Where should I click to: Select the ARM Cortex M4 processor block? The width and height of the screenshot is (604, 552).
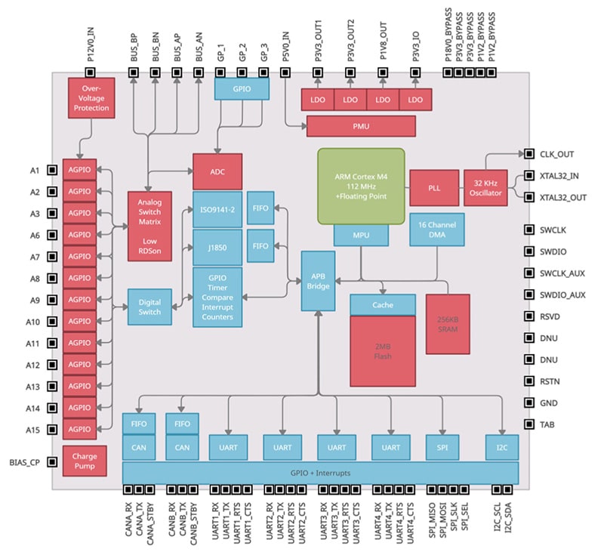[x=360, y=186]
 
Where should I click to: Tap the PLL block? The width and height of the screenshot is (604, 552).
[x=434, y=187]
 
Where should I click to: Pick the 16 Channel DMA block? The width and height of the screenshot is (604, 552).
[x=436, y=229]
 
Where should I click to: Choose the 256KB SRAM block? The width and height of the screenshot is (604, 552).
[x=448, y=324]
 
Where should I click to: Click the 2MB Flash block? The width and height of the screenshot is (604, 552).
[x=383, y=350]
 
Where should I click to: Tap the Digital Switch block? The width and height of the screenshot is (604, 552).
[x=149, y=307]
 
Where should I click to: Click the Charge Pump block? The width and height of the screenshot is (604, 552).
[x=85, y=462]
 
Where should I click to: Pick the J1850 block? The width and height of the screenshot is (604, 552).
[x=217, y=246]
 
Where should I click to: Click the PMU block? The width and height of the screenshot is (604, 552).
[x=361, y=126]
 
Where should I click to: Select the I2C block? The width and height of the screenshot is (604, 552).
[x=501, y=447]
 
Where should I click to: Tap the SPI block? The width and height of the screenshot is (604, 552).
[x=442, y=447]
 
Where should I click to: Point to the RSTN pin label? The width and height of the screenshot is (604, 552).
[x=550, y=382]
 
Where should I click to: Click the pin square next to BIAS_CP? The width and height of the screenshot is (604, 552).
[x=52, y=461]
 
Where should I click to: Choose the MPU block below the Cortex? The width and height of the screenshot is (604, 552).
[x=360, y=235]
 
